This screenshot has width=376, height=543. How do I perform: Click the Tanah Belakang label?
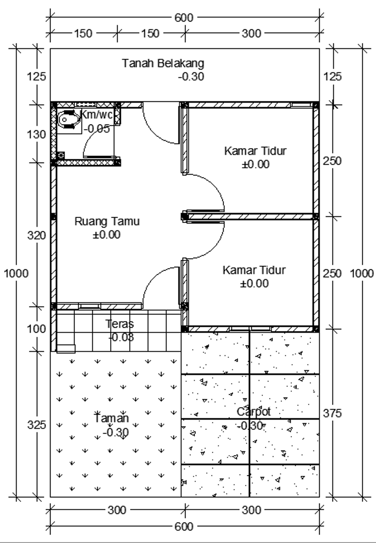(x=163, y=63)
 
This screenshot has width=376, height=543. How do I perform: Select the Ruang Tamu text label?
(x=107, y=222)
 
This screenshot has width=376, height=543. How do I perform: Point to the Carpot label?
(x=253, y=412)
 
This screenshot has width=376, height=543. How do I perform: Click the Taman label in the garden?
(x=112, y=418)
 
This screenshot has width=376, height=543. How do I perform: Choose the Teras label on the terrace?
(x=120, y=324)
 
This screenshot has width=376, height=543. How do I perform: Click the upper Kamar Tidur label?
(x=255, y=151)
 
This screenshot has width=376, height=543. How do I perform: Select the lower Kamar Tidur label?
(x=254, y=270)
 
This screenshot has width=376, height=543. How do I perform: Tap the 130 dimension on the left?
(x=36, y=134)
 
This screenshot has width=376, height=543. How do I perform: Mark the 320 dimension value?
(x=36, y=235)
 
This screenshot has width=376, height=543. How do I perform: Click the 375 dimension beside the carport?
(x=332, y=413)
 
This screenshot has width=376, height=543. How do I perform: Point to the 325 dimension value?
(x=36, y=425)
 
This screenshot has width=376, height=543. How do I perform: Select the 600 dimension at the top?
(x=184, y=17)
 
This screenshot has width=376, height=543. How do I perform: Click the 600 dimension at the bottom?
(x=184, y=527)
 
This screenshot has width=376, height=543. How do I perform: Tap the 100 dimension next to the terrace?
(x=36, y=329)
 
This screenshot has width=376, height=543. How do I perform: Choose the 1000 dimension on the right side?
(x=362, y=273)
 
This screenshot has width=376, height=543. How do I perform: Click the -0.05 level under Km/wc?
(x=97, y=129)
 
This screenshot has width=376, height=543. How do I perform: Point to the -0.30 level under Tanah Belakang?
(x=191, y=77)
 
